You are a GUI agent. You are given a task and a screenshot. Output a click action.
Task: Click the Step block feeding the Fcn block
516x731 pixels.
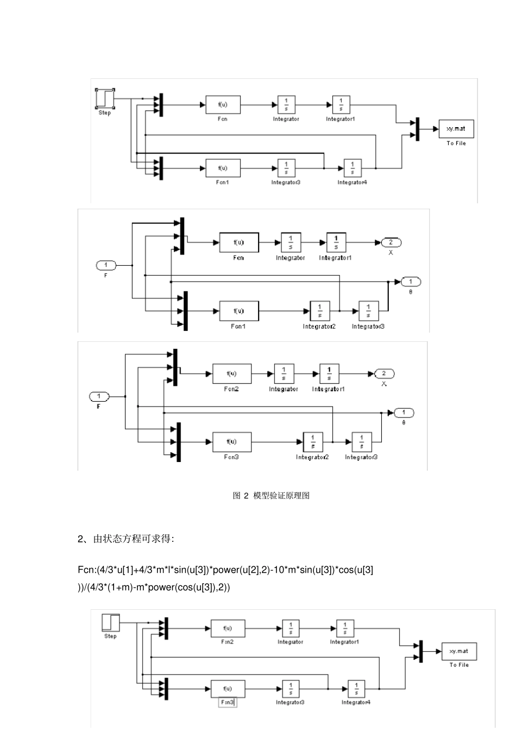(105, 99)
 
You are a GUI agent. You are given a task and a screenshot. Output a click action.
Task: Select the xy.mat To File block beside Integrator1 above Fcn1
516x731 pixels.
(456, 129)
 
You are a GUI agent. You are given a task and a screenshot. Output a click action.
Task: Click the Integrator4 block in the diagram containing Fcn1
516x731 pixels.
(353, 168)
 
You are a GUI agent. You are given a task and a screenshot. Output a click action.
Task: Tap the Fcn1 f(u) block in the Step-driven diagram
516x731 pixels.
(223, 168)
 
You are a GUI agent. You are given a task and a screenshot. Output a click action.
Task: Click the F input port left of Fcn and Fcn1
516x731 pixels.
(106, 265)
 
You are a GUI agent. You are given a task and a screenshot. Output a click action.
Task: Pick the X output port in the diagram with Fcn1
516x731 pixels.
(391, 242)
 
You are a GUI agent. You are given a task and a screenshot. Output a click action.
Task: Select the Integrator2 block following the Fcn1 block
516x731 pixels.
(319, 311)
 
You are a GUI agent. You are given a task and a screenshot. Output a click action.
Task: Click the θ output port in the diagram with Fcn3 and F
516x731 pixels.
(404, 413)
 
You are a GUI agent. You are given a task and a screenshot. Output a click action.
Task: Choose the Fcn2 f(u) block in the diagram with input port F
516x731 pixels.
(231, 373)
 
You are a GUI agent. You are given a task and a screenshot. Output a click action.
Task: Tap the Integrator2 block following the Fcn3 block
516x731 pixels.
(313, 442)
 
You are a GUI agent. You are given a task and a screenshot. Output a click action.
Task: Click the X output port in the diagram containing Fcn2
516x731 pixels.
(384, 373)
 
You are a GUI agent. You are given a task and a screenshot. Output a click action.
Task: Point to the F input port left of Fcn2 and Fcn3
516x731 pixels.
(99, 396)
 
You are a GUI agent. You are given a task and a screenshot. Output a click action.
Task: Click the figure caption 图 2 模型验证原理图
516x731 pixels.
(271, 496)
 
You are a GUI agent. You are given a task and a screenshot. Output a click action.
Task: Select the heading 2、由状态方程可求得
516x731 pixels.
(125, 539)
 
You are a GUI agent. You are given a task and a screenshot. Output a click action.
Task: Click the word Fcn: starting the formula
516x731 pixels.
(87, 570)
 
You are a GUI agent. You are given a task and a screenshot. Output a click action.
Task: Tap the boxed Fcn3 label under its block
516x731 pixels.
(228, 702)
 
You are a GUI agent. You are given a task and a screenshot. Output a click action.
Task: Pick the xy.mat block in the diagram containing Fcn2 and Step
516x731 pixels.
(459, 651)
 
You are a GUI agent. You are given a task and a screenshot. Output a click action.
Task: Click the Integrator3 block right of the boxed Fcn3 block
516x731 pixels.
(291, 689)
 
